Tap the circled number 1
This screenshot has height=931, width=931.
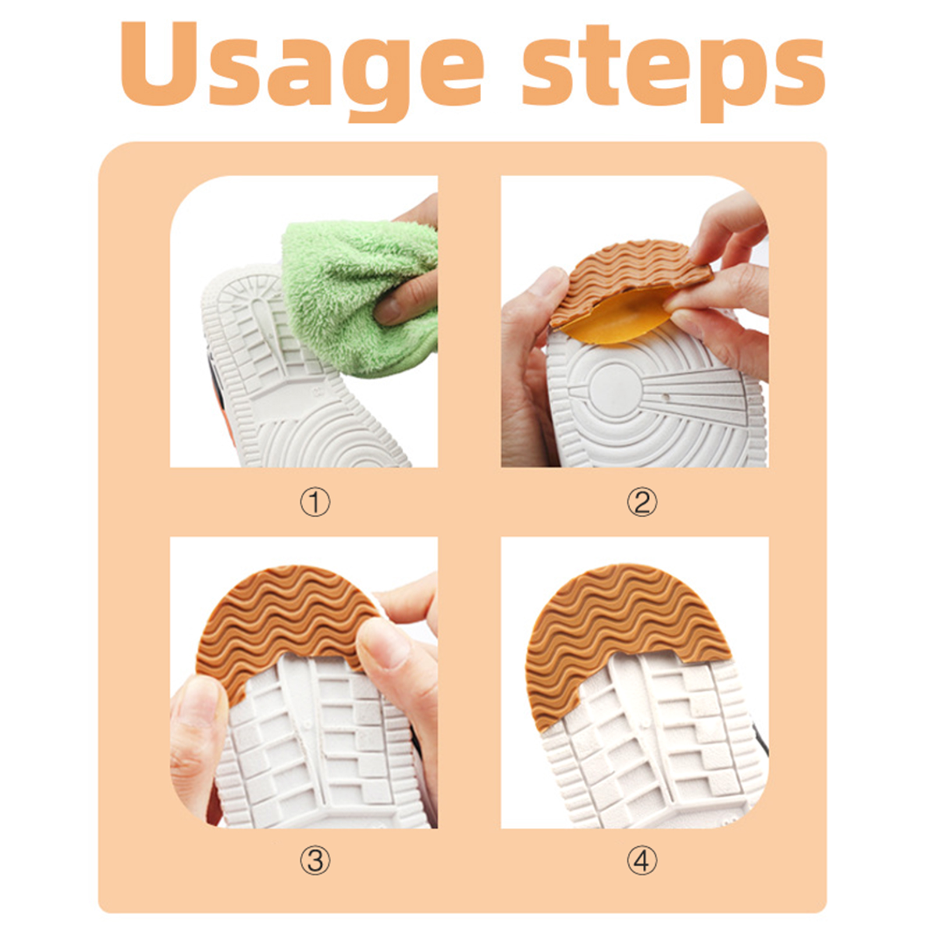[315, 502]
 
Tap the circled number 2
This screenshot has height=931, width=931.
[642, 502]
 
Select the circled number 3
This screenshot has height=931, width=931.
[315, 861]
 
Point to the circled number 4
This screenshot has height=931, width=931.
[642, 861]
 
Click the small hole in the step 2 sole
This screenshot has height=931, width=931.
[667, 399]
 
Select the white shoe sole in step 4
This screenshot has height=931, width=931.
[652, 751]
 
